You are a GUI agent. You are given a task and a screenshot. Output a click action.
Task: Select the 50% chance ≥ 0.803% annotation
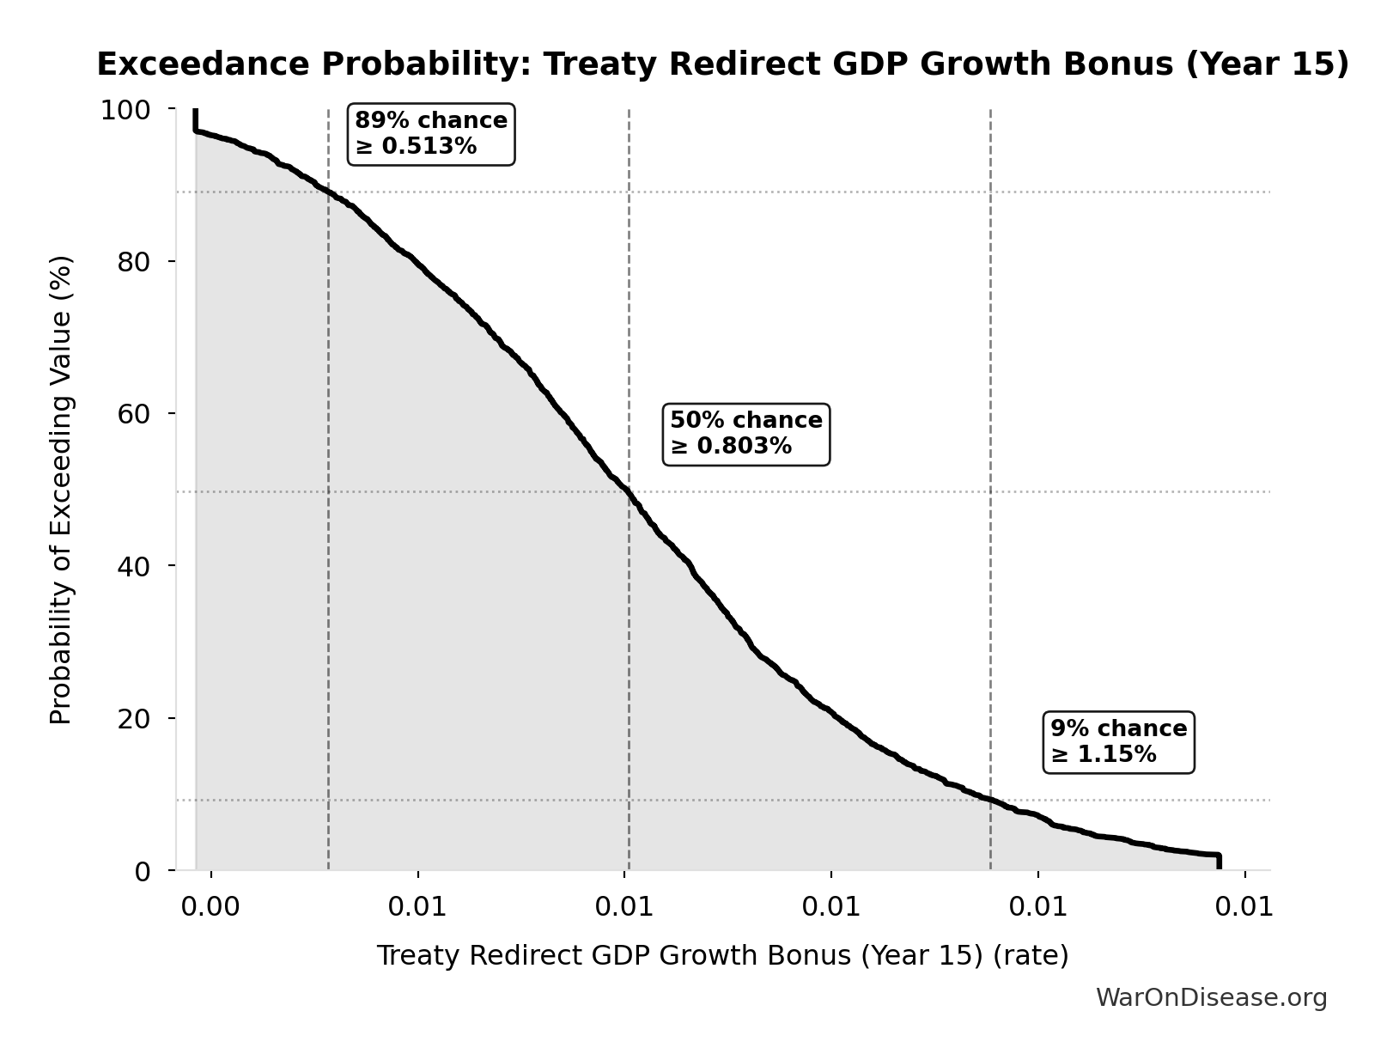746,434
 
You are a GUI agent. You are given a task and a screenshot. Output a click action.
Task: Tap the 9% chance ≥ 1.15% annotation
1118,742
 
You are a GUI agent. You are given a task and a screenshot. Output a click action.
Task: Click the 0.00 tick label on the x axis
210,907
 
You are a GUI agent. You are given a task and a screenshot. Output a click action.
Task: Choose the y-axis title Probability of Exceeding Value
61,490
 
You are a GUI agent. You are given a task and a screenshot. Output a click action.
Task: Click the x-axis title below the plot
722,955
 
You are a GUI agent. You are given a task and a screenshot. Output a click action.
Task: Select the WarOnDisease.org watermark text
1211,997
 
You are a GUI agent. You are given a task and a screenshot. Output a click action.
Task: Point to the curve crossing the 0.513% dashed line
328,192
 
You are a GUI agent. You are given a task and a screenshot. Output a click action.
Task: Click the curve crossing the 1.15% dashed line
990,800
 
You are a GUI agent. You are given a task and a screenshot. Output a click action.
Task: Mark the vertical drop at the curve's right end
1218,862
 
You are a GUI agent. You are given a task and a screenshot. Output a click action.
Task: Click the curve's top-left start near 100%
196,120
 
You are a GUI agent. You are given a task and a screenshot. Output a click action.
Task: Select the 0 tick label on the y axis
143,871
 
